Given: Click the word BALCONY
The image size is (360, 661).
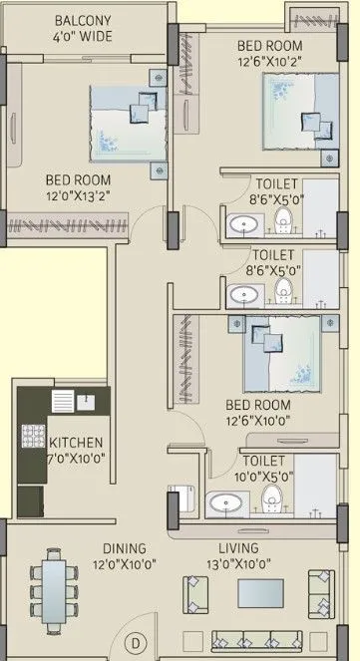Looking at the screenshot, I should click(x=82, y=20).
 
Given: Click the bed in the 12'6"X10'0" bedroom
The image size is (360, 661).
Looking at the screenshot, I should click(x=279, y=354).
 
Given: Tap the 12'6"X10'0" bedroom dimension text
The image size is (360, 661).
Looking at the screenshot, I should click(x=257, y=422).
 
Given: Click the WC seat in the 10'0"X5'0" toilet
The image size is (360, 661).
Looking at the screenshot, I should click(x=273, y=498).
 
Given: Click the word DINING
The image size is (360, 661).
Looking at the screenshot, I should click(x=123, y=547).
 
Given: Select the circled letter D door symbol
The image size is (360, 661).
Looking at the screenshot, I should click(x=138, y=643).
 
